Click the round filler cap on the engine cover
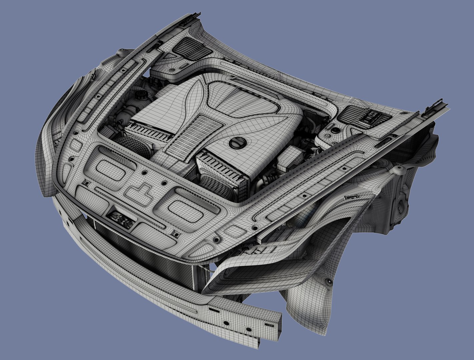(238, 143)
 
